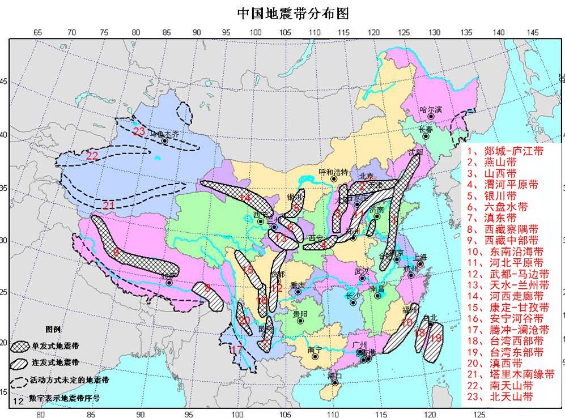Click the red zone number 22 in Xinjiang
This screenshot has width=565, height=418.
[x=92, y=155]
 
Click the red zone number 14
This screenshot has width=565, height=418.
[x=244, y=198]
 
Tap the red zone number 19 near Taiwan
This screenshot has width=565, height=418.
[x=436, y=338]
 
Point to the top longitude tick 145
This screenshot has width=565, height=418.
[x=533, y=32]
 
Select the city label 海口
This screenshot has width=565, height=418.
[x=335, y=376]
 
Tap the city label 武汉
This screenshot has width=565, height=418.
[x=361, y=271]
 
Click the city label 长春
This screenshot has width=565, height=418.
[x=426, y=129]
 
